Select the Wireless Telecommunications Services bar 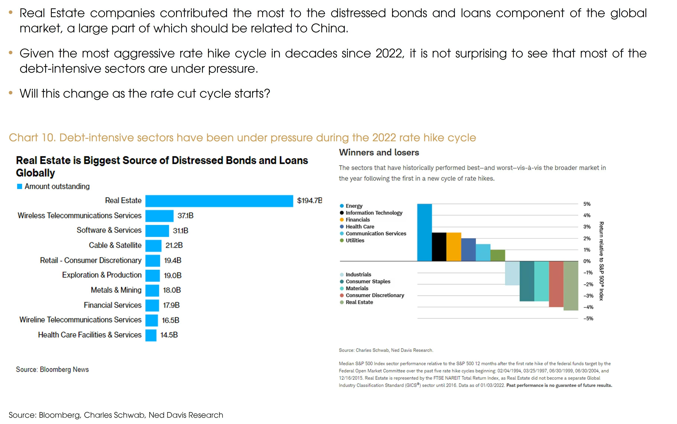(x=159, y=216)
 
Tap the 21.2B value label (x=174, y=245)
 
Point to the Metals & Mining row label (x=116, y=290)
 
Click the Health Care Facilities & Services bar (x=151, y=335)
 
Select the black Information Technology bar (x=439, y=247)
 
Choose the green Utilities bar (x=498, y=255)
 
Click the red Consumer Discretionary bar (x=556, y=284)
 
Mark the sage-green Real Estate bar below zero (x=571, y=286)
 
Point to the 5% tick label (x=587, y=204)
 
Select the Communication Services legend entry (x=376, y=234)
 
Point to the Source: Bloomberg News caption (x=52, y=369)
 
